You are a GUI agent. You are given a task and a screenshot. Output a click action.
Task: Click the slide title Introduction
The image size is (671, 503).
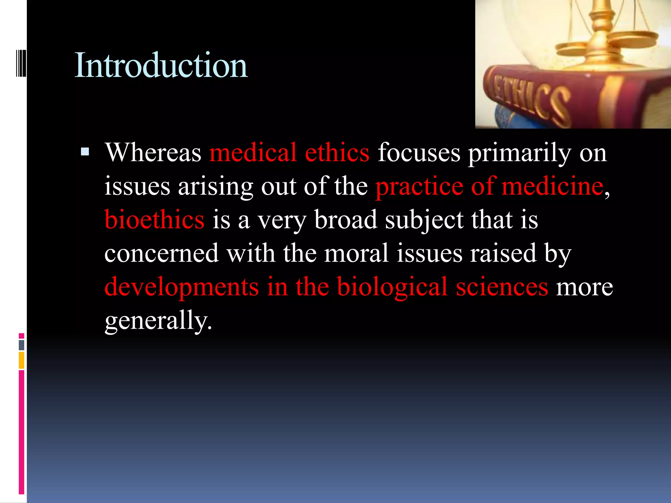(x=161, y=65)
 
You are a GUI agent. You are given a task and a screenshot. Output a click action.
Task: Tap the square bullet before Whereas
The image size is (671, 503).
(x=85, y=151)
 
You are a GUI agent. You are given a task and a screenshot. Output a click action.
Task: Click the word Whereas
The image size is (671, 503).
(x=153, y=153)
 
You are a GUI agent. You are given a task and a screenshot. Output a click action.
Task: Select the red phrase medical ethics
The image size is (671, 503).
(x=289, y=153)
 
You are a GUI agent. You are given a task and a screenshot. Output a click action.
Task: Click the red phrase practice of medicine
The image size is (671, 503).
(x=489, y=186)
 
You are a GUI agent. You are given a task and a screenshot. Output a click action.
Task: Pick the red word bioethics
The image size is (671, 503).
(x=154, y=219)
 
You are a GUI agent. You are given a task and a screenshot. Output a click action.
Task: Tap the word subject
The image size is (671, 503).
(x=424, y=220)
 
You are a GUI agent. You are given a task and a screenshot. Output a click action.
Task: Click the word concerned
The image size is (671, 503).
(x=162, y=253)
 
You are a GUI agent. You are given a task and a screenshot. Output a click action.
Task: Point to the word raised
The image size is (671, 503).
(x=503, y=253)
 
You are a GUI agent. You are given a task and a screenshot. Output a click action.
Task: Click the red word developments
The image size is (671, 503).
(x=182, y=287)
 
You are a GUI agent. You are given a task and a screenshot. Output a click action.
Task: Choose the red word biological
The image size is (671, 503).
(x=392, y=287)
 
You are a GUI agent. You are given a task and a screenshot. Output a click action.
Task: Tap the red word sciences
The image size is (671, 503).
(x=502, y=287)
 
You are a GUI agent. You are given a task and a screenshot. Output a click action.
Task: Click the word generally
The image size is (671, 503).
(x=158, y=321)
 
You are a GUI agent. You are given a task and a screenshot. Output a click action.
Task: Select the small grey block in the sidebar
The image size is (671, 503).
(x=22, y=345)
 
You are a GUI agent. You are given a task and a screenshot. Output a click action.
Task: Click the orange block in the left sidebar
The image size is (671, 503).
(x=22, y=360)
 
